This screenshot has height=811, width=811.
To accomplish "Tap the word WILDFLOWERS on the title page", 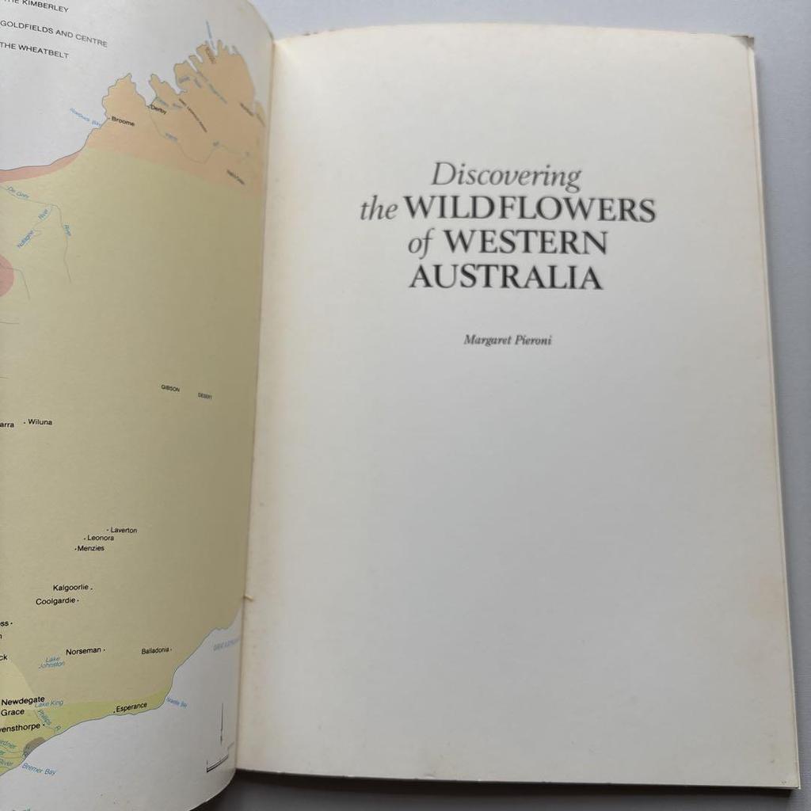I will click(529, 209).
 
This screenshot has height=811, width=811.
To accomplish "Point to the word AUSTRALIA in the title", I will click(505, 277).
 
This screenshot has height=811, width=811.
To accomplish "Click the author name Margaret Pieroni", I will click(507, 341).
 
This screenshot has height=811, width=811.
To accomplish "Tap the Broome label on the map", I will click(123, 123).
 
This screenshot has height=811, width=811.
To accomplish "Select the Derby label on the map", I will click(158, 110).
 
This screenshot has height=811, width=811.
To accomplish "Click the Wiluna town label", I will click(40, 422).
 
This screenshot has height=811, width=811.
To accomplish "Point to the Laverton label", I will click(124, 530).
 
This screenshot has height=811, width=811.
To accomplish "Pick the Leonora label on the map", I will click(101, 538).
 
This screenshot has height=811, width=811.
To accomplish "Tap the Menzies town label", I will click(90, 548).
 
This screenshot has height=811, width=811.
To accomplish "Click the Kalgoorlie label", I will click(70, 588).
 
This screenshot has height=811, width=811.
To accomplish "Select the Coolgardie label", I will click(55, 601).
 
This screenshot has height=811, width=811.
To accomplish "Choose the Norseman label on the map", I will click(83, 651).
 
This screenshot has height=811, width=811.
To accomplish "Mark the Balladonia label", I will click(155, 650).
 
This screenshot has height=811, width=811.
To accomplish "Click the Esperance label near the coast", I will click(131, 706).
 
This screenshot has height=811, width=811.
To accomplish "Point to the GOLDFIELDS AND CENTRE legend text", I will click(53, 38).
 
